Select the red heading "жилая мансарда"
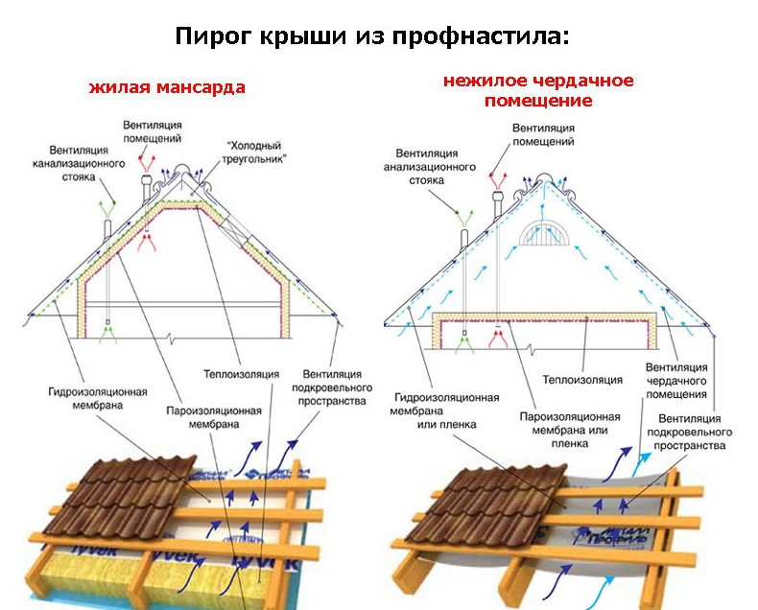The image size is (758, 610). click(x=167, y=87)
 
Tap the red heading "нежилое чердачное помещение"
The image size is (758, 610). click(x=538, y=90)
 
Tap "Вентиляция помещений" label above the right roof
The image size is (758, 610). click(x=543, y=134)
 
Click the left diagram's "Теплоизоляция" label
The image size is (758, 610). click(x=241, y=372)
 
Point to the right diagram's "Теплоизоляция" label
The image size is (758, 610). click(x=582, y=380)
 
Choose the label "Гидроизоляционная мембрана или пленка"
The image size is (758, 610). click(x=446, y=411)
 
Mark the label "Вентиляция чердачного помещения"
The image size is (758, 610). click(x=676, y=380)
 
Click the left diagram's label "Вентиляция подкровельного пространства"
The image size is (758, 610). click(x=331, y=386)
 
